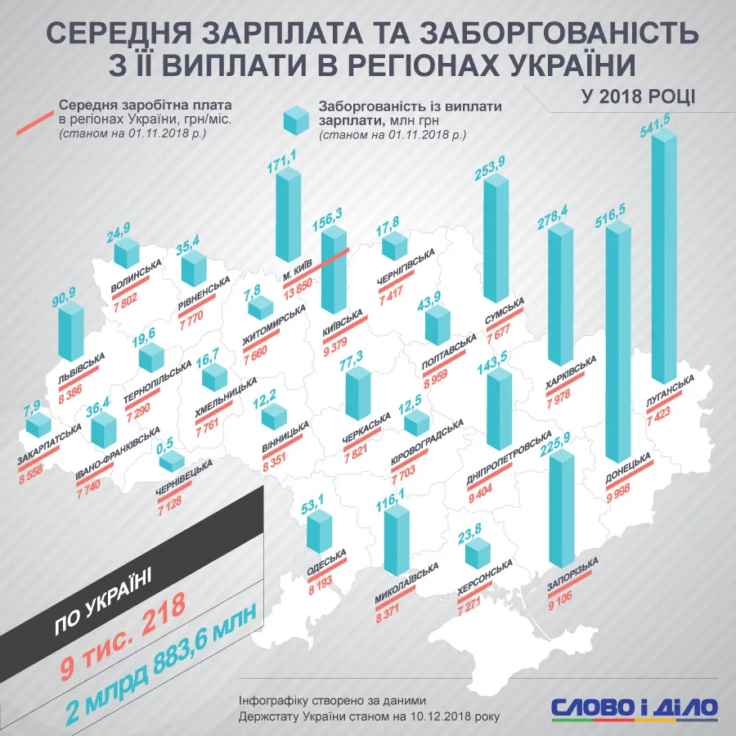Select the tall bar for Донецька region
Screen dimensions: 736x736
pos(617,343)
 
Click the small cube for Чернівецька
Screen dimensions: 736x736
pos(171,460)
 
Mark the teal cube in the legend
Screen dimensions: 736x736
pos(294,123)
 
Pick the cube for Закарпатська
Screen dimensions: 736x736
pos(37,424)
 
